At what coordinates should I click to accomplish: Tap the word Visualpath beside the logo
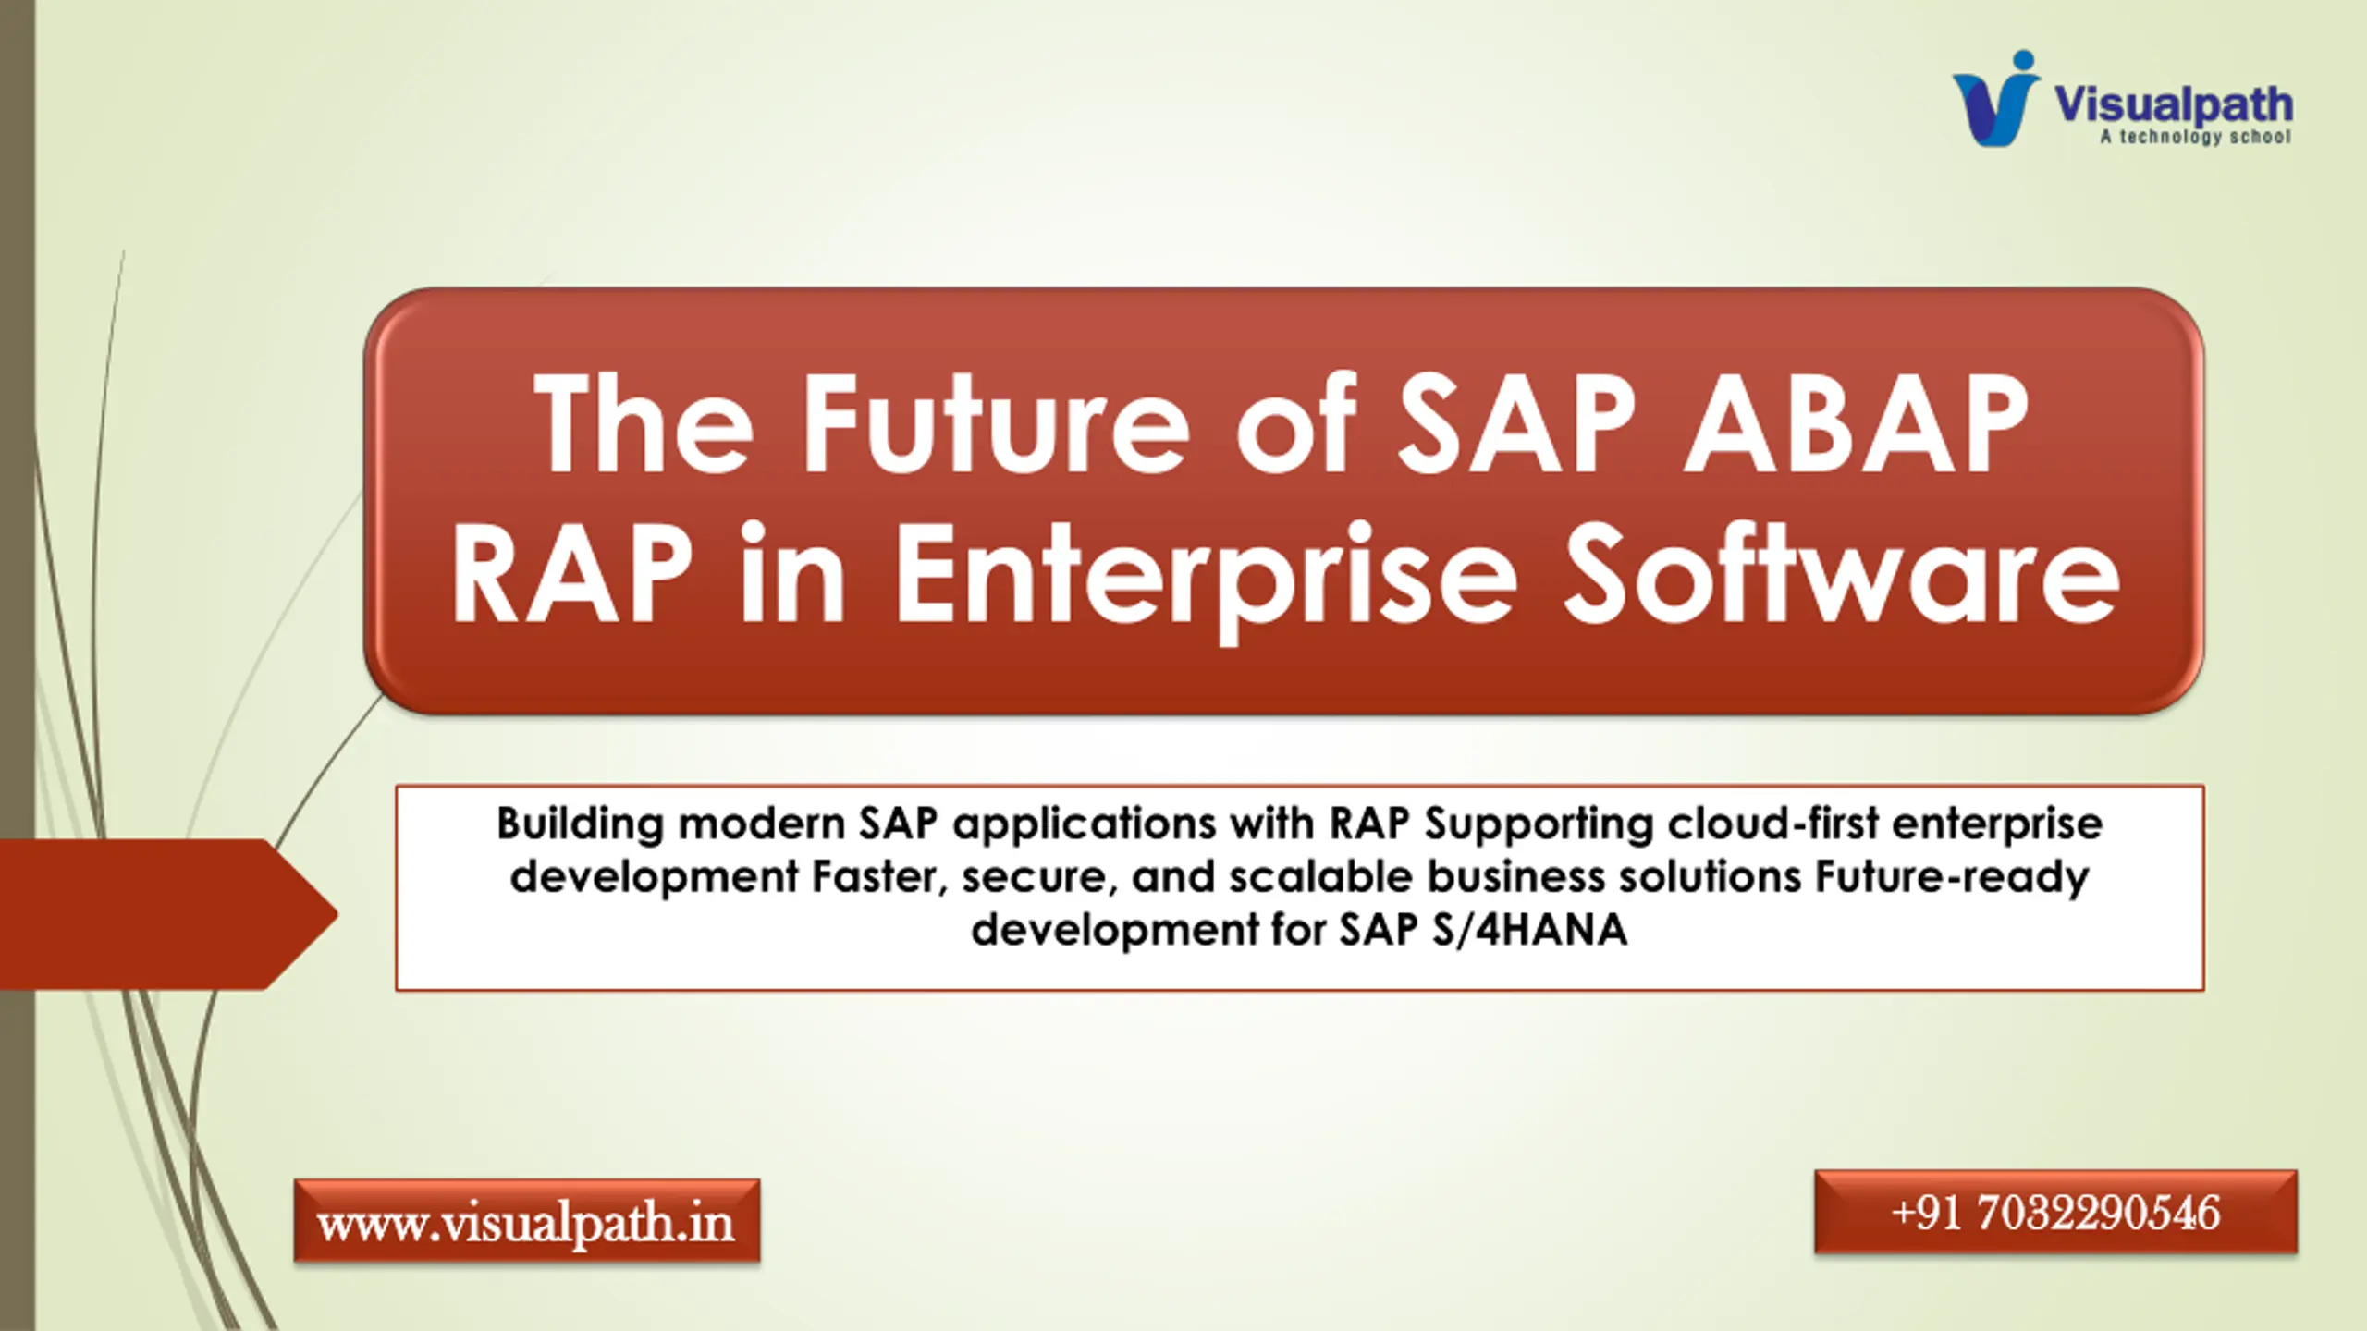pyautogui.click(x=2173, y=104)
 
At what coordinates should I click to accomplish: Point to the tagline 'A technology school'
pyautogui.click(x=2195, y=137)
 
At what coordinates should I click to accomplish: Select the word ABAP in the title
pyautogui.click(x=1854, y=424)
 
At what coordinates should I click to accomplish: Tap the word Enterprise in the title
pyautogui.click(x=1207, y=573)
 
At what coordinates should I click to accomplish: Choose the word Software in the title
pyautogui.click(x=1841, y=573)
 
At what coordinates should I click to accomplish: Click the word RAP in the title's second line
pyautogui.click(x=572, y=573)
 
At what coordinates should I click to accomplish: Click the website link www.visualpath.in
pyautogui.click(x=526, y=1221)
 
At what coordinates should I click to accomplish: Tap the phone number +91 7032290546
pyautogui.click(x=2055, y=1212)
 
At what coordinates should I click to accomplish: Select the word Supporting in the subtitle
pyautogui.click(x=1539, y=824)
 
